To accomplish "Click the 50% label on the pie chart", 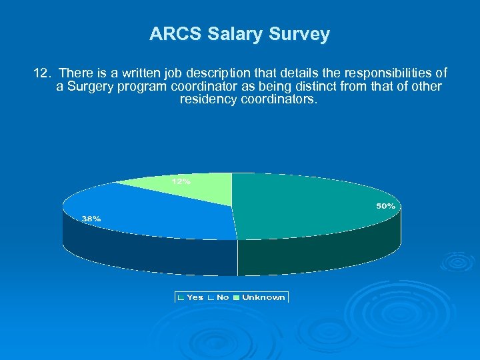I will [x=385, y=206].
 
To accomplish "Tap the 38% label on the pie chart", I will [x=91, y=218].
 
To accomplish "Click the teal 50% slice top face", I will [x=307, y=207].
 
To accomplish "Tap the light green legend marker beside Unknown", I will [x=237, y=297].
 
